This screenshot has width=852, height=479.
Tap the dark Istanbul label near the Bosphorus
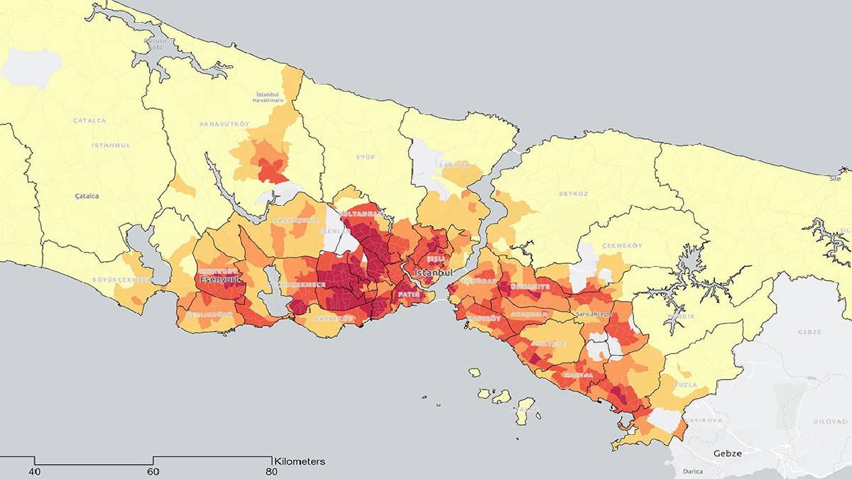coord(433,273)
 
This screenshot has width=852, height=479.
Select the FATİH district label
coord(410,293)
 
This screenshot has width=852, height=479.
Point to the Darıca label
coord(693,471)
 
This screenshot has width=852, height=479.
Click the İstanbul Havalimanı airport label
coord(270,97)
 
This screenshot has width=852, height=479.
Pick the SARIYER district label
coord(454,165)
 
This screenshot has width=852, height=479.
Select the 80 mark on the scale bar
coord(271,471)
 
